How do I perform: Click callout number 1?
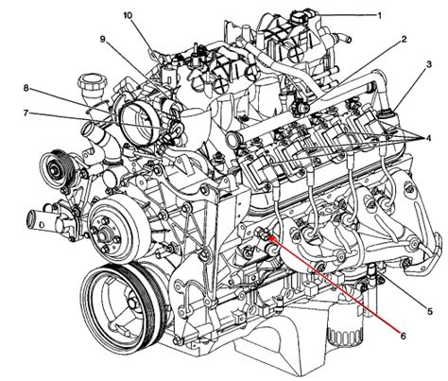pyautogui.click(x=379, y=15)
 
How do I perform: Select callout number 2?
pyautogui.click(x=404, y=39)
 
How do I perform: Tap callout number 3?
pyautogui.click(x=429, y=64)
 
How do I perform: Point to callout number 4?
pyautogui.click(x=428, y=138)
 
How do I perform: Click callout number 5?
pyautogui.click(x=430, y=311)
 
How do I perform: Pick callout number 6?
pyautogui.click(x=403, y=336)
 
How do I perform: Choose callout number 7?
pyautogui.click(x=26, y=113)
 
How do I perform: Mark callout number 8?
pyautogui.click(x=26, y=88)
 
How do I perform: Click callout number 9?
pyautogui.click(x=102, y=39)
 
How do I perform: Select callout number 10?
pyautogui.click(x=128, y=15)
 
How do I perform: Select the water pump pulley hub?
pyautogui.click(x=104, y=234)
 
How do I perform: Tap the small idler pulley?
pyautogui.click(x=57, y=168)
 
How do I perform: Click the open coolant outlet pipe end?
pyautogui.click(x=33, y=219)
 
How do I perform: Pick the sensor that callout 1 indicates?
pyautogui.click(x=300, y=17)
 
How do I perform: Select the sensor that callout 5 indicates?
pyautogui.click(x=371, y=272)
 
